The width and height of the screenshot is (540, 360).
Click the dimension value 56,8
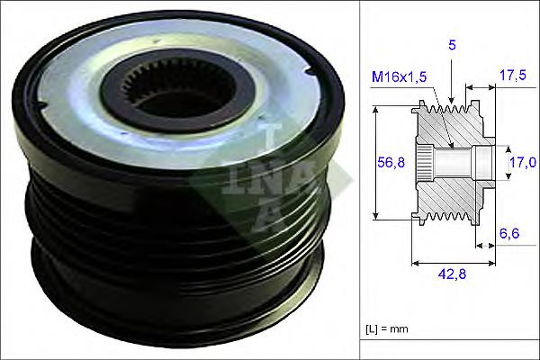coord(388,162)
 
